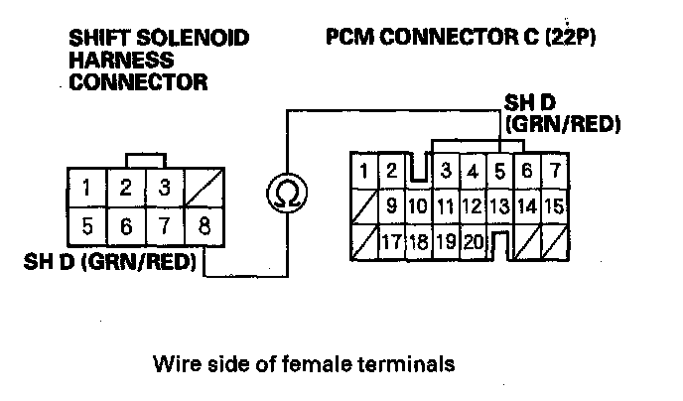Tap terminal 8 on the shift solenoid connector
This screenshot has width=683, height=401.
[204, 225]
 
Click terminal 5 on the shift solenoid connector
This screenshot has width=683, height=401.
[87, 225]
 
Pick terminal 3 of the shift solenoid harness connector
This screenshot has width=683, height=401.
[165, 187]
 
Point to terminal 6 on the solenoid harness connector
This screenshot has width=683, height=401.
[126, 225]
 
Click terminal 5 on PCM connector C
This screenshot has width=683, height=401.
[500, 171]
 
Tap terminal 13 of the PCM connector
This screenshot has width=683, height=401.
[499, 206]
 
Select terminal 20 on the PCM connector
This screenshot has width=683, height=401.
[472, 241]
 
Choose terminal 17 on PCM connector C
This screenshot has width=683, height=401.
[391, 241]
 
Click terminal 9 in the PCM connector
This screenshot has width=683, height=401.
[391, 206]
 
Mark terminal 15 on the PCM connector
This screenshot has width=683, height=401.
[554, 206]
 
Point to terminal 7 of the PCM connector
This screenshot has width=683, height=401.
[554, 171]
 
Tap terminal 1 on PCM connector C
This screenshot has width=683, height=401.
[365, 171]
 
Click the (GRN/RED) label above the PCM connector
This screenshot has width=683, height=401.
[563, 125]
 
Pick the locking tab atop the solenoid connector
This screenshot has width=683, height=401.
[145, 160]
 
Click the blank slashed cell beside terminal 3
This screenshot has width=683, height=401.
[204, 187]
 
